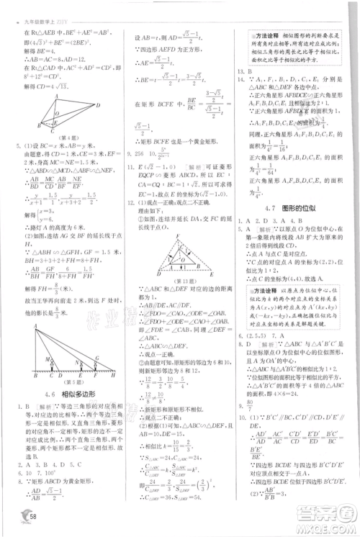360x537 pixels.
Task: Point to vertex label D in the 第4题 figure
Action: [x=99, y=105]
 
